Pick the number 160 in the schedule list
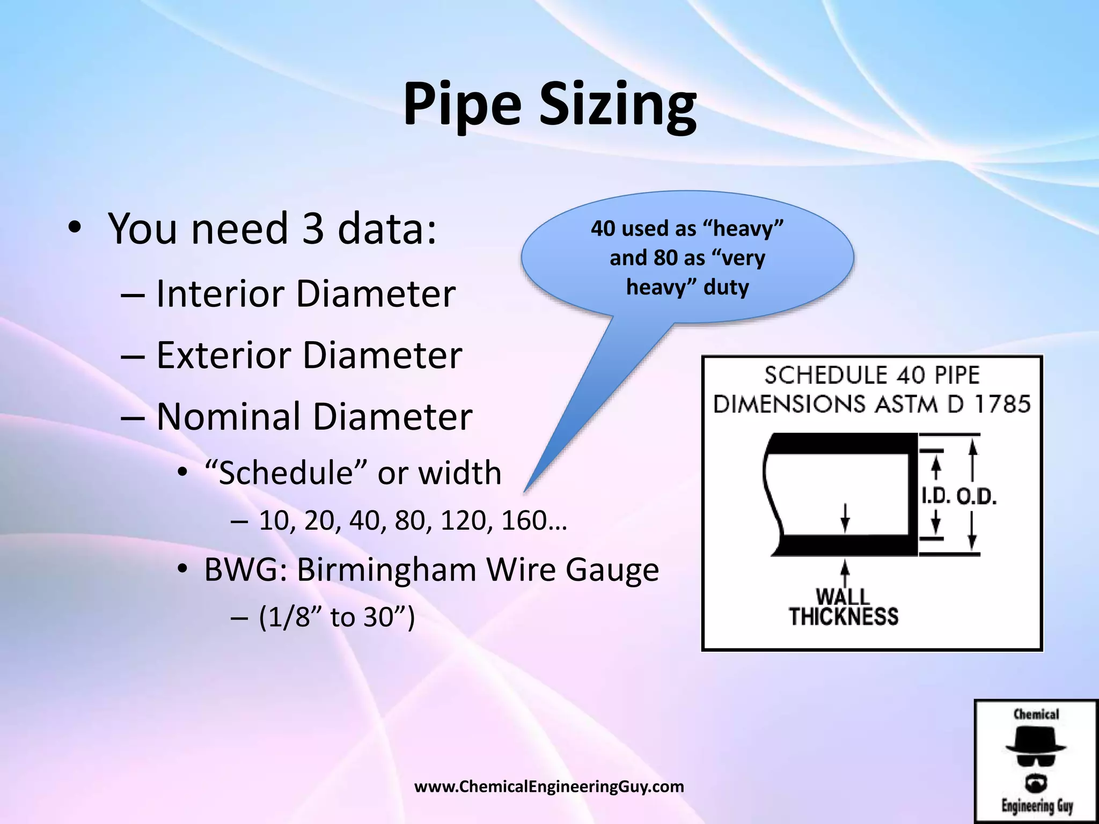524,520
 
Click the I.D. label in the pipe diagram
936,497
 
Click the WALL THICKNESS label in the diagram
844,607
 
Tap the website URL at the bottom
549,786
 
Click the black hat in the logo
1036,740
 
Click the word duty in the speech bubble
726,288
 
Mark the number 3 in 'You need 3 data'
313,229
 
